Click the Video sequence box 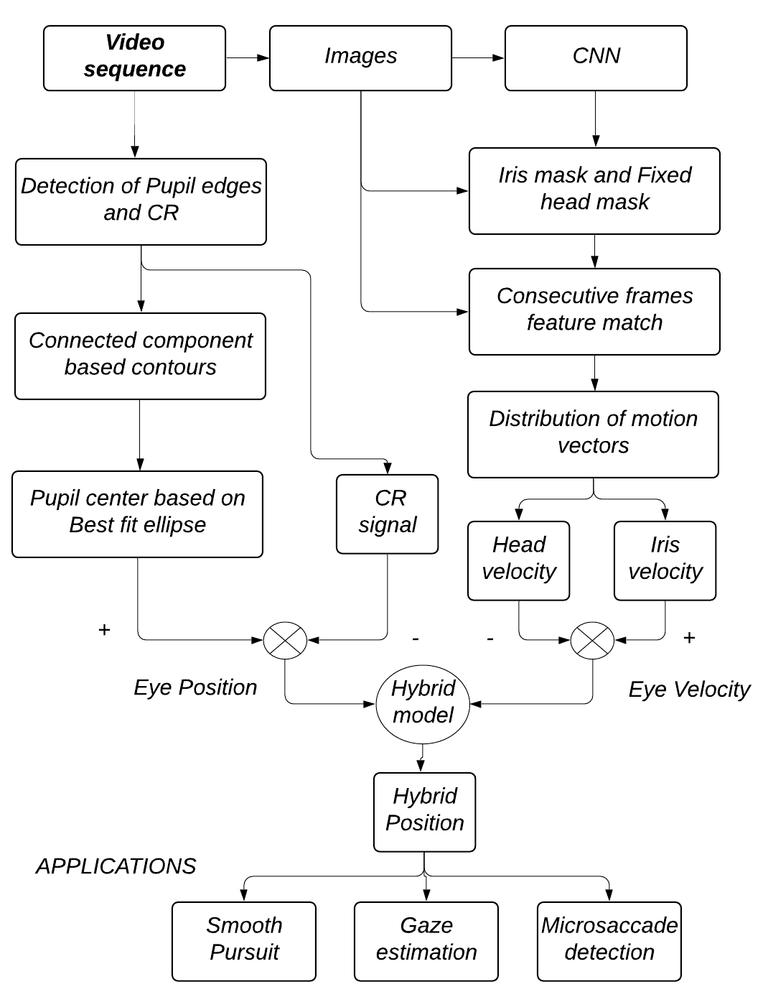(x=134, y=58)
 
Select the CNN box (x=596, y=58)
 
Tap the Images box (x=360, y=58)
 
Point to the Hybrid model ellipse (x=423, y=703)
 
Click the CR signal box (x=388, y=514)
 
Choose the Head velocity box (x=518, y=560)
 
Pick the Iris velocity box (x=665, y=560)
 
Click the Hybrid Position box (x=424, y=812)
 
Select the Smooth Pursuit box (x=244, y=941)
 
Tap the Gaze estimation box (x=426, y=941)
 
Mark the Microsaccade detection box (x=609, y=941)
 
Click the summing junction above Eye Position (x=285, y=639)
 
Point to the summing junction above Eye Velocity (x=592, y=639)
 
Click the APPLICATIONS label (x=116, y=866)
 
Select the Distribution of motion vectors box (x=593, y=434)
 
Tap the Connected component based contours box (x=140, y=356)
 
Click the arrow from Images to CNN (x=478, y=57)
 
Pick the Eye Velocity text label (x=689, y=690)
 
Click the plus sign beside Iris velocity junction (x=690, y=638)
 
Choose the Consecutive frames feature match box (x=594, y=311)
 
